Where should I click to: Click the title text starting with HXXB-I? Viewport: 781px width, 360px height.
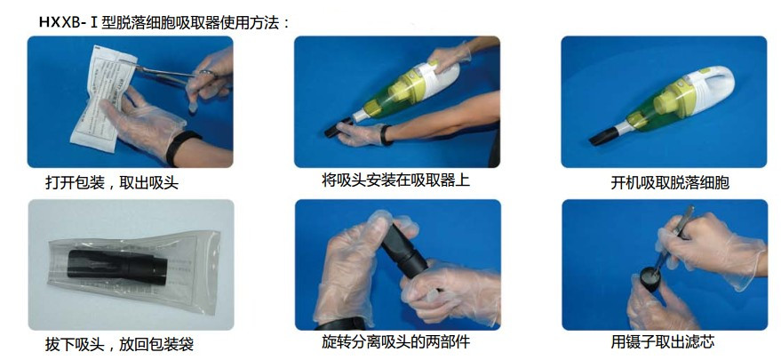point(164,22)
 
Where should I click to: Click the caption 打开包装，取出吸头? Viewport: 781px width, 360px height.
point(112,183)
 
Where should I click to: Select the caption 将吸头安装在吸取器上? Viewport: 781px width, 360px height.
point(395,180)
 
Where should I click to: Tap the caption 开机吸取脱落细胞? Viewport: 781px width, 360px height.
point(670,183)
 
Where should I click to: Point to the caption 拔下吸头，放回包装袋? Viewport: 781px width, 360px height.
point(119,344)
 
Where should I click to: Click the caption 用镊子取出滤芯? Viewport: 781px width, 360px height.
point(663,342)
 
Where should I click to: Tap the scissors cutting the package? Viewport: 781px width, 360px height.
point(174,75)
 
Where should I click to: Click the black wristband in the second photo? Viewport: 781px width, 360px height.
point(385,135)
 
